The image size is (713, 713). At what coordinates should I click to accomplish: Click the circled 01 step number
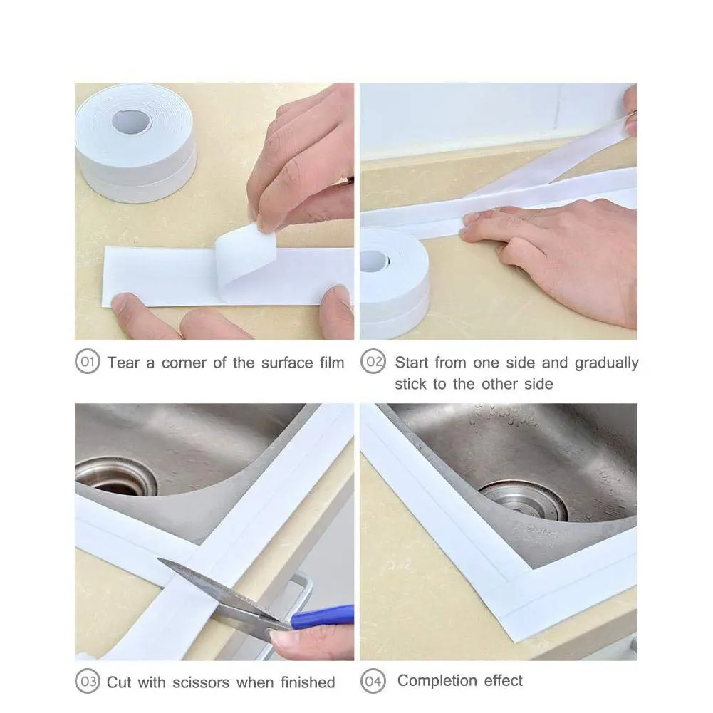click(88, 362)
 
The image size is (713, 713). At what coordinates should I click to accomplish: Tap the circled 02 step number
click(373, 362)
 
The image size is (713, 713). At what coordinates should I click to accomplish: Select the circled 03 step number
click(88, 681)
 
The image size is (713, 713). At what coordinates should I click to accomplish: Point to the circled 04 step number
click(373, 681)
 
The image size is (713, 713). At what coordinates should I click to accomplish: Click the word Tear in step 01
click(124, 363)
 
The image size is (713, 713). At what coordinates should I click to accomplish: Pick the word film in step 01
click(331, 363)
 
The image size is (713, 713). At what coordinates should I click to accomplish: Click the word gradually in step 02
click(607, 363)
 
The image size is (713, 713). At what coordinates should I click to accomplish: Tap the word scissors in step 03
click(200, 682)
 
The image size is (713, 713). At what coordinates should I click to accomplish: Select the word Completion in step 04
click(437, 681)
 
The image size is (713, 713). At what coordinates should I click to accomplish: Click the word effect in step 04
click(504, 681)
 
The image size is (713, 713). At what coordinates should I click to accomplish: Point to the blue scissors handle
click(323, 617)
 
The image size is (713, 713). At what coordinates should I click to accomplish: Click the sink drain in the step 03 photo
click(116, 477)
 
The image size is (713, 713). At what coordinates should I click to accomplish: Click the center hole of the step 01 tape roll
click(131, 121)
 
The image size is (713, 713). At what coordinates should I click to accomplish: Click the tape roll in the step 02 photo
click(393, 283)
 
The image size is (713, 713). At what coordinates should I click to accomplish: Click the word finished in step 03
click(308, 682)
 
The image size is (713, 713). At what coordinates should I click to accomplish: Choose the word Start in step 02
click(412, 363)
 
